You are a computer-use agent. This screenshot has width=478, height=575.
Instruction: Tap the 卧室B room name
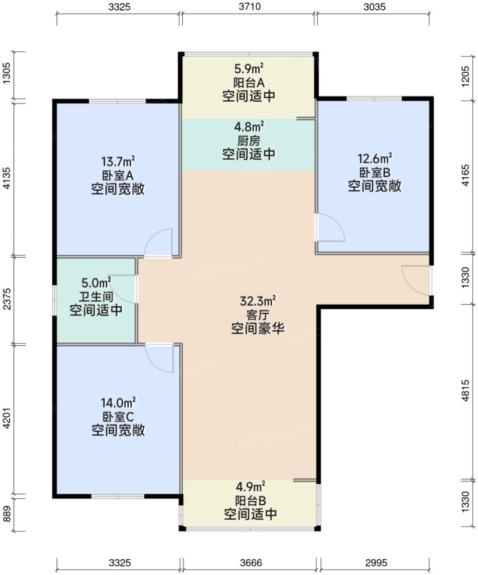(x=375, y=172)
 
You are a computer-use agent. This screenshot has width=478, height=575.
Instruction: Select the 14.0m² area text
(x=118, y=402)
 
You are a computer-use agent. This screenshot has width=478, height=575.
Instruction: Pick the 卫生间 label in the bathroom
(x=96, y=297)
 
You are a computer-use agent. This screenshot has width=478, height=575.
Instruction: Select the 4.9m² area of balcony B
(x=250, y=486)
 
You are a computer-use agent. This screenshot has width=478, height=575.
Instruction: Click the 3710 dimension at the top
(x=249, y=7)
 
